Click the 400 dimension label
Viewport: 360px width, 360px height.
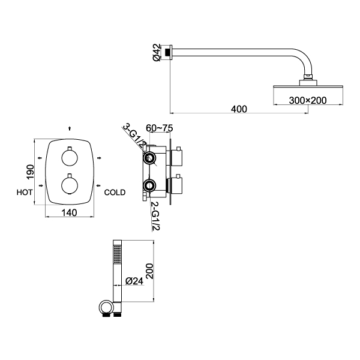click(239, 109)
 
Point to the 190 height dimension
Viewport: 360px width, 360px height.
click(29, 173)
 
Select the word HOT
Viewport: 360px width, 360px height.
click(25, 193)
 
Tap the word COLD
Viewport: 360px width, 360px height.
click(115, 193)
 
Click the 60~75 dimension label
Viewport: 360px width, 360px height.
click(159, 128)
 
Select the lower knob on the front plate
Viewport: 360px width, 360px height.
click(70, 185)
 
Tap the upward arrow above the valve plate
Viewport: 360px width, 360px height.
click(70, 128)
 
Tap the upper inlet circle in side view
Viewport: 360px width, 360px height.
click(149, 158)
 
